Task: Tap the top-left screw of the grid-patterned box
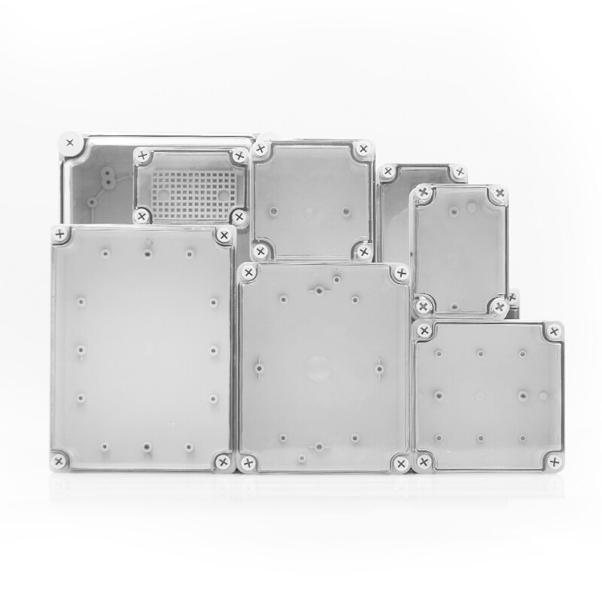click(141, 156)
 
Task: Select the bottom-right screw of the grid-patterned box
click(239, 217)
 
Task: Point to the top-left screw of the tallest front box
click(59, 235)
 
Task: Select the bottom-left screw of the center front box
click(247, 461)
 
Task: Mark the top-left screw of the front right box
click(424, 330)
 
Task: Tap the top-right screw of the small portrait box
click(497, 196)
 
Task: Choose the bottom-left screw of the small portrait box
click(424, 306)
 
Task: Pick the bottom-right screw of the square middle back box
click(364, 251)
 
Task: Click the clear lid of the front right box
click(489, 395)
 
